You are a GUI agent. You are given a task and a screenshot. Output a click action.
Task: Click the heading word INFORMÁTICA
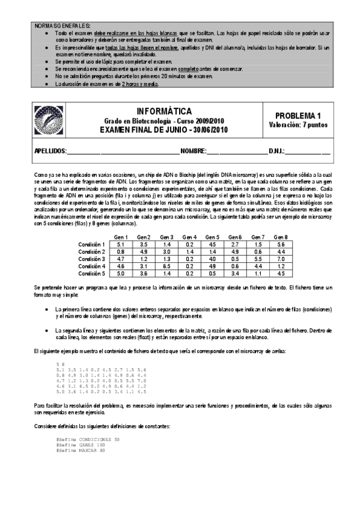coord(164,111)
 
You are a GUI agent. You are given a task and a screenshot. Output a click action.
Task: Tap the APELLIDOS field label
coord(46,150)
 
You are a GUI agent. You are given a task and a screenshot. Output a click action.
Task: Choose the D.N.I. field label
coord(276,150)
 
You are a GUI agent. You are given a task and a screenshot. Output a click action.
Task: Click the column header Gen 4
coord(191,237)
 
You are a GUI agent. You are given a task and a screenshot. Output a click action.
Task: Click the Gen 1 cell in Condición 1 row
coord(121,244)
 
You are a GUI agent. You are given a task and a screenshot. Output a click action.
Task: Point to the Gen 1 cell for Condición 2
coord(121,251)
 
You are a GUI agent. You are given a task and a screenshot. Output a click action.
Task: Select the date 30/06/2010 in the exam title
coord(207,130)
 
